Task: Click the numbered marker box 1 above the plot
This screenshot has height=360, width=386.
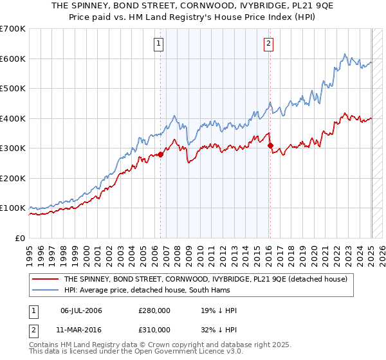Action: [x=158, y=44]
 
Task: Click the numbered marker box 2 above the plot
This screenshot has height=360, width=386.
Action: [x=268, y=44]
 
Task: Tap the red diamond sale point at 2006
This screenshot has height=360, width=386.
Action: [x=160, y=154]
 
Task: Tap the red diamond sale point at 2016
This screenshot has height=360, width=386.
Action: [x=270, y=145]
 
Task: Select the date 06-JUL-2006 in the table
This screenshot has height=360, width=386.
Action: [x=82, y=310]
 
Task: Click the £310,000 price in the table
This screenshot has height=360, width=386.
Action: [x=154, y=329]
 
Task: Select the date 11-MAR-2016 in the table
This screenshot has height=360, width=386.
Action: [x=82, y=329]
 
